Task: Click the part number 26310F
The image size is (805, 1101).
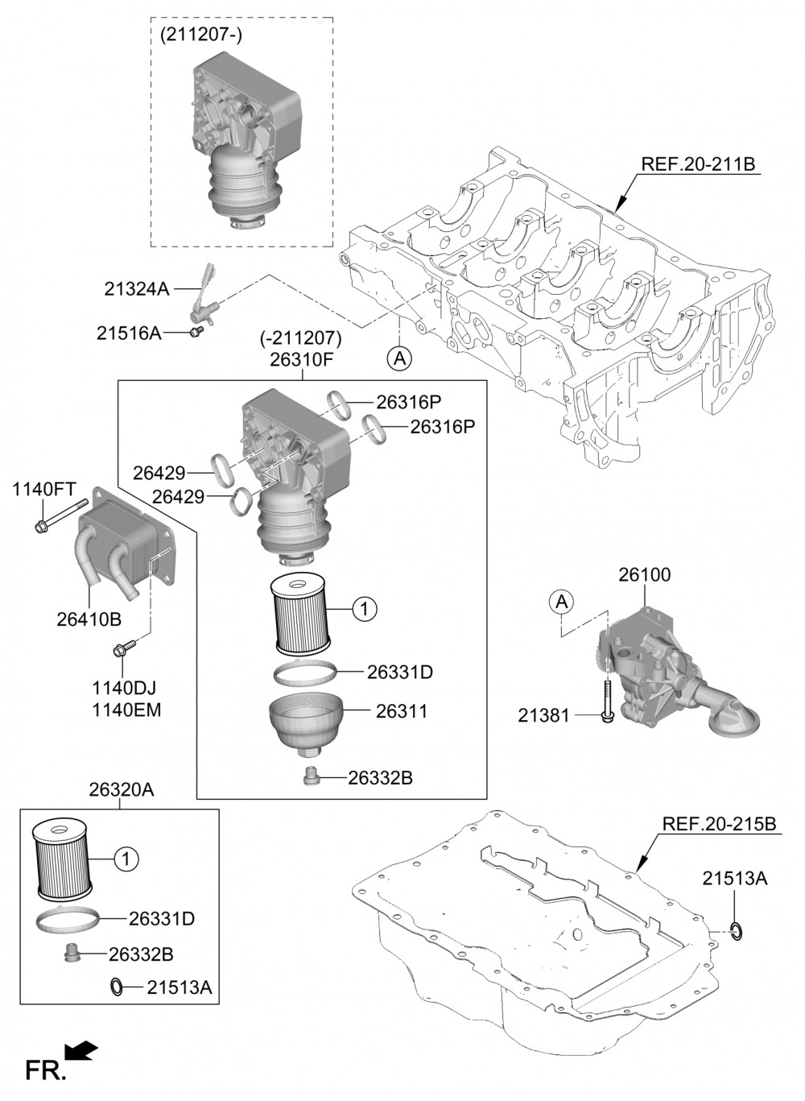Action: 301,358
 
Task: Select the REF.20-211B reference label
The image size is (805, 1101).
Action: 698,164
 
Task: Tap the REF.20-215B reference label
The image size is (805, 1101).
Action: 719,824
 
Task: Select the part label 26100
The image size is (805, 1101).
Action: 644,575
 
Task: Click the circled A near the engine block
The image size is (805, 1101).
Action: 398,358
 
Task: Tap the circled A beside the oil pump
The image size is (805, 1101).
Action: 562,600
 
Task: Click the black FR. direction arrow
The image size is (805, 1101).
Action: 80,1050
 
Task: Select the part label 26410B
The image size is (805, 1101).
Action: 89,619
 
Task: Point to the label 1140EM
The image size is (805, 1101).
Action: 126,710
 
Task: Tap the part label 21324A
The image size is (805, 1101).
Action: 136,288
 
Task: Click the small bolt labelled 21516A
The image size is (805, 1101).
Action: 196,332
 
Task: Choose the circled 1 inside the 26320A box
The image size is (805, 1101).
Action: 126,859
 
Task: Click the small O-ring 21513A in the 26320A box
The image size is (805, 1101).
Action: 117,986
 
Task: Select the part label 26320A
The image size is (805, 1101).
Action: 121,790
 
